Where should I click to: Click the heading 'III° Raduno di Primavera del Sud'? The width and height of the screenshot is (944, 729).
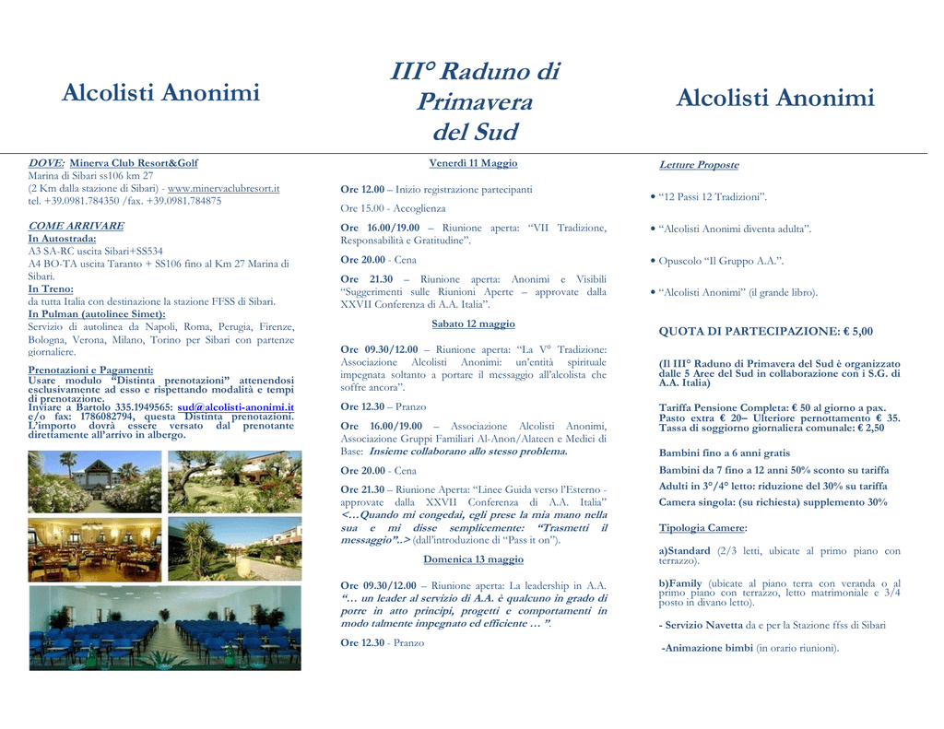[474, 100]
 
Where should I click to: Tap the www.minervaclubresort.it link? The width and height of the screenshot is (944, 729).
[223, 188]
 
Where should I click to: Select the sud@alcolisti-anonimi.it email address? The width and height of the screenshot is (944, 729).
[235, 406]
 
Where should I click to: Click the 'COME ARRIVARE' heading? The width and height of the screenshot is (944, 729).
[76, 226]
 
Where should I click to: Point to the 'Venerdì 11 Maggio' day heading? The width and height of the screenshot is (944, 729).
[473, 163]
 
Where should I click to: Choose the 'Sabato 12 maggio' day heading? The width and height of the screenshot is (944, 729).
[473, 323]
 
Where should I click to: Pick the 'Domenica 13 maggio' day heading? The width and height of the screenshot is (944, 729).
[473, 559]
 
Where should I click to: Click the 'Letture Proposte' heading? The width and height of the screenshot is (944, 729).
[698, 165]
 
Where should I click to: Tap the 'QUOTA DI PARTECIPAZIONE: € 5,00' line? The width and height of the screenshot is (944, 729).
[765, 331]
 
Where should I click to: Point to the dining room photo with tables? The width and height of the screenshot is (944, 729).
[94, 550]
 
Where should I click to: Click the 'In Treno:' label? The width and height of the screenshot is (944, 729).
[51, 288]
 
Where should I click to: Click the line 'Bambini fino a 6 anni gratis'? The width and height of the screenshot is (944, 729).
[724, 453]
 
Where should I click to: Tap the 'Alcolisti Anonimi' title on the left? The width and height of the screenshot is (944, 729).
[160, 93]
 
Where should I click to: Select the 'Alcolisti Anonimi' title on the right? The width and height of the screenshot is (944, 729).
[774, 99]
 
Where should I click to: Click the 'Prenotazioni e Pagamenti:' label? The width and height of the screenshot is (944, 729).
[90, 370]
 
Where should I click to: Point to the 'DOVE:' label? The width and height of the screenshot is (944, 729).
[46, 163]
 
